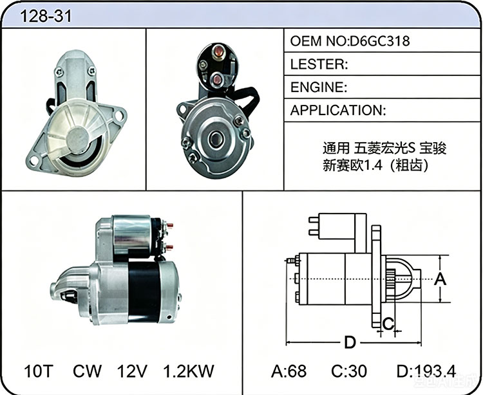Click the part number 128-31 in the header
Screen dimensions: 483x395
(46, 15)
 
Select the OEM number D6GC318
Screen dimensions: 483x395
(379, 41)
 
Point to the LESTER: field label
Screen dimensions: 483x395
(319, 64)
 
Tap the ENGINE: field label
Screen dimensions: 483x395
(319, 87)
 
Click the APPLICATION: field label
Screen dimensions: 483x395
(338, 110)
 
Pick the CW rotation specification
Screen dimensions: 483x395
(87, 371)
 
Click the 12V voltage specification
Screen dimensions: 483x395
(132, 371)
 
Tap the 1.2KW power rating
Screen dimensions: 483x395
(188, 371)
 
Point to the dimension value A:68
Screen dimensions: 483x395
(289, 371)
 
